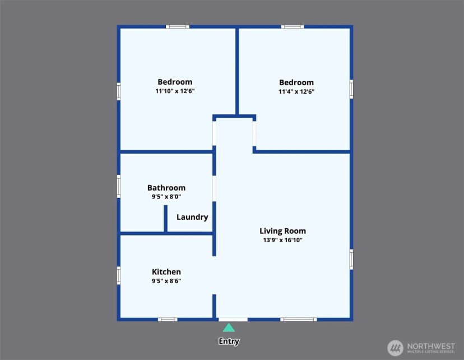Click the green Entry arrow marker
coord(229,327)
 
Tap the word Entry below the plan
coord(229,341)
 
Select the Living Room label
coord(282,231)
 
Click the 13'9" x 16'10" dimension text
coord(282,240)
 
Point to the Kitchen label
coord(166,272)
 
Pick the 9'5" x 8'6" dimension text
coord(166,281)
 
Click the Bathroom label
coord(166,188)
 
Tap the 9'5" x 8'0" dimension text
coord(166,197)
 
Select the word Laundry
coord(192,218)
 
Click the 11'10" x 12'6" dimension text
coord(175,91)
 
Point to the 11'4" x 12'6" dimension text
coord(296,91)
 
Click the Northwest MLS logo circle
coord(395,348)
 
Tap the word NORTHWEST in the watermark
coord(431,346)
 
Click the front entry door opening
coord(233,320)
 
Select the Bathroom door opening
coord(214,188)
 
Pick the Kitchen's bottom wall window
coord(168,320)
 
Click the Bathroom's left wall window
coord(119,186)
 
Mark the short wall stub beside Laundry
coord(166,219)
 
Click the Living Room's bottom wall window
coord(299,320)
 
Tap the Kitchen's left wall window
coord(119,276)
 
